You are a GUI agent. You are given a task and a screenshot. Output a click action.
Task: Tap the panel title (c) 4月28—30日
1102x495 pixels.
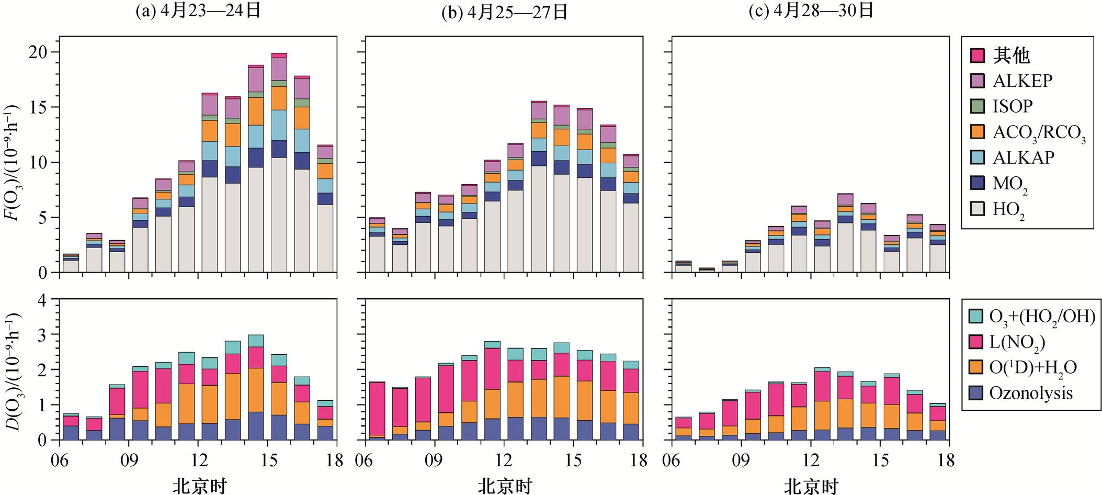pyautogui.click(x=811, y=11)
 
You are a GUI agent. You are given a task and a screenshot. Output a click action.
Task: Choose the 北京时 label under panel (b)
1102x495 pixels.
pyautogui.click(x=504, y=486)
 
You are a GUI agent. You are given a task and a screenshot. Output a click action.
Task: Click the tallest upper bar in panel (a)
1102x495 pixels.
pyautogui.click(x=279, y=162)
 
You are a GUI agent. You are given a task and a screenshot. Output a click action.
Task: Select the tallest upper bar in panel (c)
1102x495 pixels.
pyautogui.click(x=845, y=232)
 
